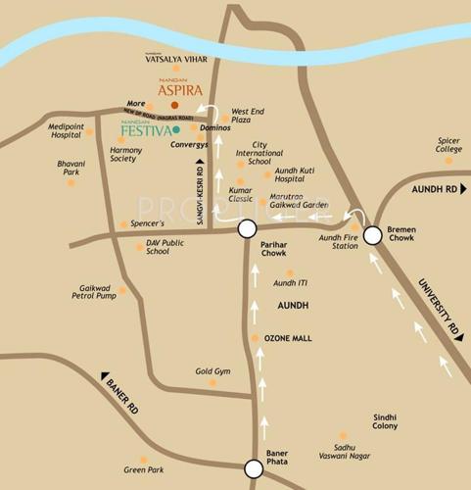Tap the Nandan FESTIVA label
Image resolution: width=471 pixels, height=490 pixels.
pos(145,128)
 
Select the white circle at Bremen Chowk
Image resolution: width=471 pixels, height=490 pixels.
pos(373,235)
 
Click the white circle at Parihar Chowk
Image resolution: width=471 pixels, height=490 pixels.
pos(247,229)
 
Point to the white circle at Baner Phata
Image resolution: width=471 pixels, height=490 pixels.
pos(254,468)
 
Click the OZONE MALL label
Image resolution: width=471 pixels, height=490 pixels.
pos(288,338)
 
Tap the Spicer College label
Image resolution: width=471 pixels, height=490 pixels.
pos(449,144)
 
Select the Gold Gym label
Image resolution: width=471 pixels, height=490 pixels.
pos(212,371)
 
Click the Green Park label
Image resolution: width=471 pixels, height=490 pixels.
pos(143,469)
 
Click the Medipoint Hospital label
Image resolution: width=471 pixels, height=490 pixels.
pos(66,130)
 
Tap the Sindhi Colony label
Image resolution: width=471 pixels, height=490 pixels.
pos(384,421)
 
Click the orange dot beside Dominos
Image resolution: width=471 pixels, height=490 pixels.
pos(194,127)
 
